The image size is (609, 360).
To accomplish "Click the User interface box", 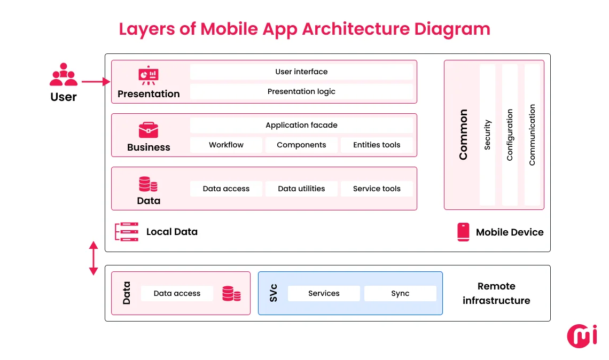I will [x=301, y=72].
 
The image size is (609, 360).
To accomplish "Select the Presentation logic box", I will [x=301, y=91].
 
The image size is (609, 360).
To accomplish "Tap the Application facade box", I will [x=301, y=125].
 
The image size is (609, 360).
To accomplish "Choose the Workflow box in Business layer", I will [x=226, y=145].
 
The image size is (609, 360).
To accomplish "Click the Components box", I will [x=301, y=145].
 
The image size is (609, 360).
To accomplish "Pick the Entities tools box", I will [x=377, y=145].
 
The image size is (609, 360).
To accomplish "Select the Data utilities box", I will [x=301, y=189].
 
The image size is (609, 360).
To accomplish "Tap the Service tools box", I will [x=377, y=189].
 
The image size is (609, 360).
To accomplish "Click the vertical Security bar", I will [x=487, y=135].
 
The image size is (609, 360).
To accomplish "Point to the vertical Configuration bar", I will [x=510, y=135].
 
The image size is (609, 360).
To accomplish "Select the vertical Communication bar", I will [x=532, y=135].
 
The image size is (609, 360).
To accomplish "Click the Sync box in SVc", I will [x=400, y=293].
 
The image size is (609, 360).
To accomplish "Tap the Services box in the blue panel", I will [x=324, y=293].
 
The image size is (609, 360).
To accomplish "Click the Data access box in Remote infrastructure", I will [x=177, y=293].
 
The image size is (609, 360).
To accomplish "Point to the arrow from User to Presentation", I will [x=96, y=82].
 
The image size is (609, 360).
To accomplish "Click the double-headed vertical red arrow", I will [x=93, y=258].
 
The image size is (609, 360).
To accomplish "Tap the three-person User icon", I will [x=64, y=75].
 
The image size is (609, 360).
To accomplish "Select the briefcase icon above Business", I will [x=149, y=130].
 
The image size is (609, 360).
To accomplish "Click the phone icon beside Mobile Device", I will [x=463, y=232].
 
